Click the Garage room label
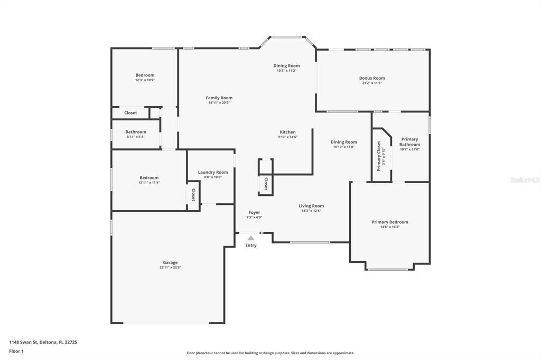click(170, 262)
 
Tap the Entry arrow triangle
click(251, 238)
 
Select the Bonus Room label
click(372, 78)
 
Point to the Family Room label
click(219, 98)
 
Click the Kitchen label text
click(287, 132)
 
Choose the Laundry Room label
click(213, 172)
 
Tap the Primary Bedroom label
click(390, 222)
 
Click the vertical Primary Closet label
click(379, 156)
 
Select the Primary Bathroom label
click(409, 142)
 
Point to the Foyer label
click(254, 212)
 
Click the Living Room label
click(311, 206)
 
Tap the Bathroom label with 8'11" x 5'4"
click(135, 132)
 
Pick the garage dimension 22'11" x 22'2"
click(170, 268)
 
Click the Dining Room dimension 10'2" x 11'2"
click(286, 71)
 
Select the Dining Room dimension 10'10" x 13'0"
click(344, 147)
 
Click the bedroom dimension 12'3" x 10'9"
click(145, 80)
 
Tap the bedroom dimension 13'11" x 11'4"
click(148, 183)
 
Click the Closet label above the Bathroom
click(130, 113)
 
